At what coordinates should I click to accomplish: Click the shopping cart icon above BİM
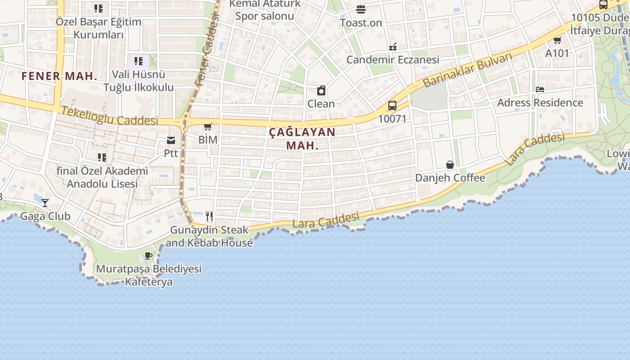tap(207, 126)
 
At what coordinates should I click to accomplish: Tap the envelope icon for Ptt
tap(171, 140)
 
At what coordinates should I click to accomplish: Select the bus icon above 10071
tap(392, 106)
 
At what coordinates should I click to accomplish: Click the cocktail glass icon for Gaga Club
tap(45, 202)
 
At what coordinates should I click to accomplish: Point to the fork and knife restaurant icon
tap(209, 216)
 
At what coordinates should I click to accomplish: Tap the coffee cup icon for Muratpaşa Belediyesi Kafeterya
tap(148, 256)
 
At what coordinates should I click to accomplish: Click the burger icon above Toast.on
tap(360, 9)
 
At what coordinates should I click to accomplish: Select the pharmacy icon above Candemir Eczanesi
tap(392, 46)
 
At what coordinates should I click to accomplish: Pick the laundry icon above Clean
tap(321, 90)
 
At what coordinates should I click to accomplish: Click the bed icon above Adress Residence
tap(540, 89)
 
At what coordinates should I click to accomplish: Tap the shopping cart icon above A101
tap(557, 40)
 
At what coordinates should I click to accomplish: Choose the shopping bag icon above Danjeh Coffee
tap(450, 164)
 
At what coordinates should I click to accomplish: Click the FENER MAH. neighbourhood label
tap(59, 76)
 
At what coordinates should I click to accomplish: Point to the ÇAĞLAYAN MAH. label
tap(302, 139)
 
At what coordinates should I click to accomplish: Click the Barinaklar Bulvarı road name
tap(468, 70)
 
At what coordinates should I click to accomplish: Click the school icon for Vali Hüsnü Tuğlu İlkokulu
tap(139, 61)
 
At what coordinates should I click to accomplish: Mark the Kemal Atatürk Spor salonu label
tap(265, 10)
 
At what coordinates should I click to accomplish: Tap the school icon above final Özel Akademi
tap(102, 157)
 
